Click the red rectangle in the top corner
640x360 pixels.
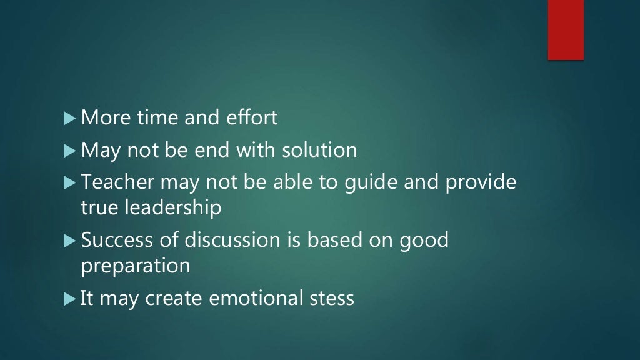coord(566,29)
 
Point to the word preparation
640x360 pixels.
coord(136,266)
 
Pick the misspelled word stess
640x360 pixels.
coord(332,298)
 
